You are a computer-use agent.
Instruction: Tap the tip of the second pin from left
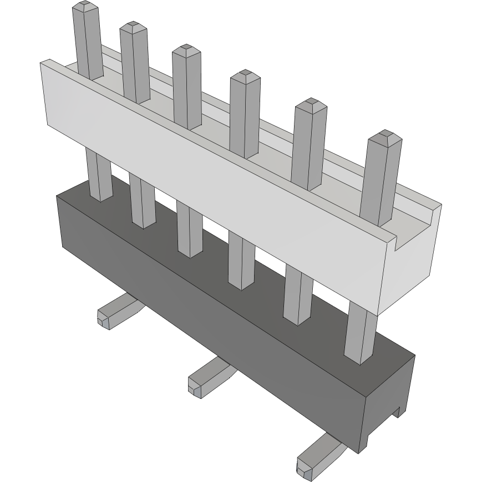pos(133,27)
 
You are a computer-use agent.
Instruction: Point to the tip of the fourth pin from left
pos(245,75)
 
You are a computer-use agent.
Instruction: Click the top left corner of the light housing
pos(42,63)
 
